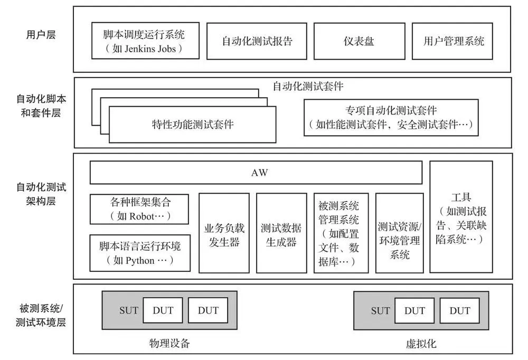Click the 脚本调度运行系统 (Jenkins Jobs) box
pyautogui.click(x=145, y=41)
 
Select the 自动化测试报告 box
pyautogui.click(x=257, y=41)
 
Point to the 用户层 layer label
pyautogui.click(x=41, y=35)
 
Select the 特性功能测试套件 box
pyautogui.click(x=192, y=125)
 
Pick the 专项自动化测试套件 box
pyautogui.click(x=391, y=118)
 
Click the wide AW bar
pyautogui.click(x=256, y=173)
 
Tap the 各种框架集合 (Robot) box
pyautogui.click(x=140, y=209)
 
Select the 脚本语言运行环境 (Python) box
pyautogui.click(x=140, y=253)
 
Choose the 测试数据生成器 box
pyautogui.click(x=281, y=233)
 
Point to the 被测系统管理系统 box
pyautogui.click(x=341, y=233)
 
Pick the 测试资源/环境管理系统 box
pyautogui.click(x=399, y=233)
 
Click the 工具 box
pyautogui.click(x=461, y=216)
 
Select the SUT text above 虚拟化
pyautogui.click(x=380, y=310)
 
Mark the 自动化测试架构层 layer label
pyautogui.click(x=41, y=194)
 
